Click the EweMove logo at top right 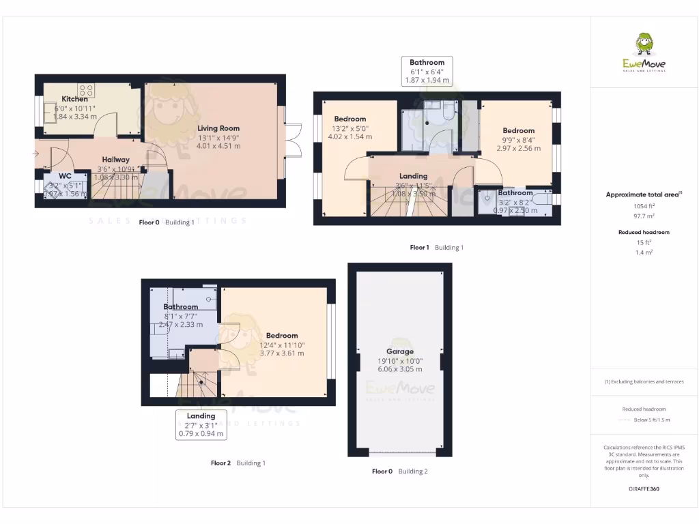click(644, 53)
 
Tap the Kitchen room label click(74, 99)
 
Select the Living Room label click(218, 128)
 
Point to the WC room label click(65, 176)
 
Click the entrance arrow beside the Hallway click(35, 154)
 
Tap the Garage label click(399, 352)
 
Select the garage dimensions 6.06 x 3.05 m click(399, 369)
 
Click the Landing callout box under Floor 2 click(201, 424)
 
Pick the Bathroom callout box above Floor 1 click(427, 71)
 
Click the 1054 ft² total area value click(644, 205)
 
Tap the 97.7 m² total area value click(644, 214)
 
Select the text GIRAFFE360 click(644, 489)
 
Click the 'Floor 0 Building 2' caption click(399, 471)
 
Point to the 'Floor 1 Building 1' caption click(436, 248)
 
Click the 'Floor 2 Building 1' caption click(238, 463)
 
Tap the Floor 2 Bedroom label click(282, 336)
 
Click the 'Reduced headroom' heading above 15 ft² click(644, 233)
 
